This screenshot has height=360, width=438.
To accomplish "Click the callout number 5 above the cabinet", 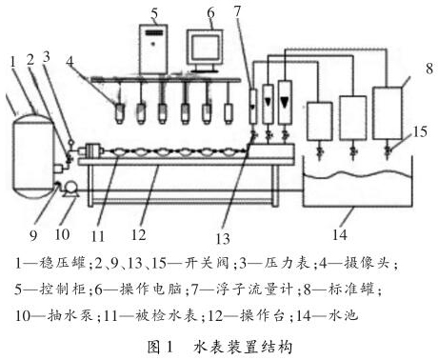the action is (154, 13).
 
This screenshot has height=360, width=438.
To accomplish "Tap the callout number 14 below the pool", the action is (340, 235).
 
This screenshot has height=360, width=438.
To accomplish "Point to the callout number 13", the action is (223, 238).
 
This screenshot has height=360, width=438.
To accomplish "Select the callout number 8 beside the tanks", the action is (429, 69).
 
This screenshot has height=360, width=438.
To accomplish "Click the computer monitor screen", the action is (204, 49).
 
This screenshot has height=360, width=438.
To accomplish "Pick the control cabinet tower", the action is (154, 50).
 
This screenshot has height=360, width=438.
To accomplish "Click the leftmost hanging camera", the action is (120, 113).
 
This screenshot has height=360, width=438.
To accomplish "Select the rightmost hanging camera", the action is (229, 113).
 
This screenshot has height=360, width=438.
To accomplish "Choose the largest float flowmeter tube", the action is (285, 102).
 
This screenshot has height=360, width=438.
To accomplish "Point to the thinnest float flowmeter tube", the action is (253, 106).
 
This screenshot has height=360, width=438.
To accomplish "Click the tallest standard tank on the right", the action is (387, 113).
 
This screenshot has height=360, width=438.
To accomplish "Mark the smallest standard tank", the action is (319, 121).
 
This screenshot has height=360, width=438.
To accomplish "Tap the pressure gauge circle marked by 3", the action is (70, 141).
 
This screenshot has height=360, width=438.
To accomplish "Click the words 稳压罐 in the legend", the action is (63, 264).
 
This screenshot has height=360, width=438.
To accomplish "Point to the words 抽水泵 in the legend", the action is (70, 315).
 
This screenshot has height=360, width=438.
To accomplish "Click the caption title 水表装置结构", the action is (243, 347).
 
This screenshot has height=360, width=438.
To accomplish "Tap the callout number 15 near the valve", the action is (420, 131).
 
